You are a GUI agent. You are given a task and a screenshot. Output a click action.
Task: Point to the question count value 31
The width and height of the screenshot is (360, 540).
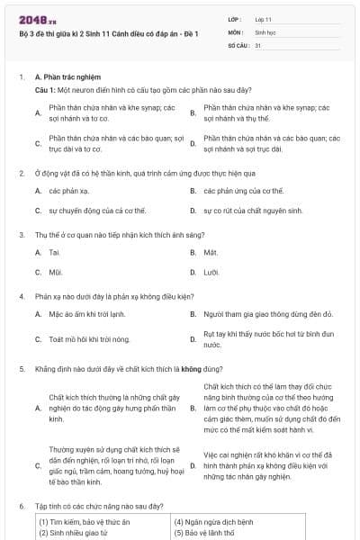(x=258, y=44)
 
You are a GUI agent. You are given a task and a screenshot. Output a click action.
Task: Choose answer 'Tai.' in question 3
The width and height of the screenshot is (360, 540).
(x=54, y=252)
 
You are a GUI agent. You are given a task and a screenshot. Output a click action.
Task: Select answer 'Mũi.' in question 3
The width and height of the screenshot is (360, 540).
(x=55, y=271)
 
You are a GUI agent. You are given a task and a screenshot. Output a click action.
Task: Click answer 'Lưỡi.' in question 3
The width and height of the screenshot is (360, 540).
(x=211, y=271)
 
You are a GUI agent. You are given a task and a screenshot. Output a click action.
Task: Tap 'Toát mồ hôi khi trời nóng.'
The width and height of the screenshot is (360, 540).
(x=89, y=339)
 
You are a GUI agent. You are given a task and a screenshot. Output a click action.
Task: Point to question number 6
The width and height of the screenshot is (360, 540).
(x=22, y=507)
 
